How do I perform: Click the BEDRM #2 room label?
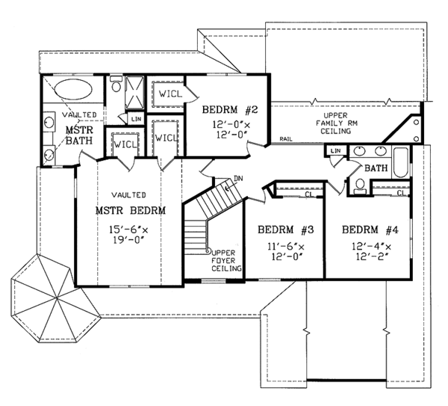point(230,110)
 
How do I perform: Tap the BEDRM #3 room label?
point(286,230)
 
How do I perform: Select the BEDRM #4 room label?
point(370,230)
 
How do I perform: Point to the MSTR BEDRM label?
point(130,211)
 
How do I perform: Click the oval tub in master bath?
point(73,89)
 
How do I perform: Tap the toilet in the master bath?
point(116,84)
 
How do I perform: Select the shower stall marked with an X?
point(134,92)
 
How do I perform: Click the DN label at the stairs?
point(238,179)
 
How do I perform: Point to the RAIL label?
point(286,139)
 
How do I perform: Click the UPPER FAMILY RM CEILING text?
point(336,123)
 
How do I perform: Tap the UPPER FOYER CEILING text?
point(226,261)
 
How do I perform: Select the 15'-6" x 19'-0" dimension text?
point(129,234)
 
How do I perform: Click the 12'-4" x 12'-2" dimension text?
point(371,251)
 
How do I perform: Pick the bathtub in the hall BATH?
point(401,162)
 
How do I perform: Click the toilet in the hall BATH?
point(360,186)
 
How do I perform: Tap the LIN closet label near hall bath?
point(335,150)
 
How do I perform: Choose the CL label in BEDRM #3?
point(309,194)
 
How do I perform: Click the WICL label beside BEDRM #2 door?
point(170,93)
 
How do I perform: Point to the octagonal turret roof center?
point(57,298)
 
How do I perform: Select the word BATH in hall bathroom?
point(376,168)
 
